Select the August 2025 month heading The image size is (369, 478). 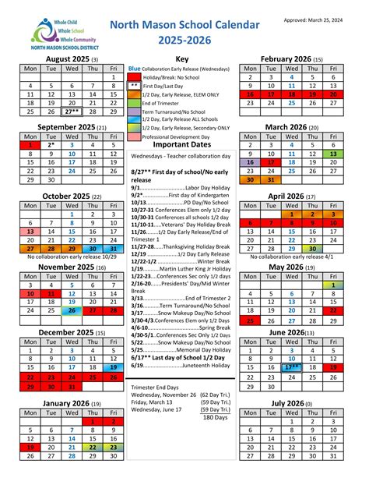click(68, 58)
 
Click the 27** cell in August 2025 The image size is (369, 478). click(72, 112)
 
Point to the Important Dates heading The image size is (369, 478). click(182, 144)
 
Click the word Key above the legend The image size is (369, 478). click(183, 58)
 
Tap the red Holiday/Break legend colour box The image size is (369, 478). click(135, 78)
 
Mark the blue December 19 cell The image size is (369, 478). click(114, 366)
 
